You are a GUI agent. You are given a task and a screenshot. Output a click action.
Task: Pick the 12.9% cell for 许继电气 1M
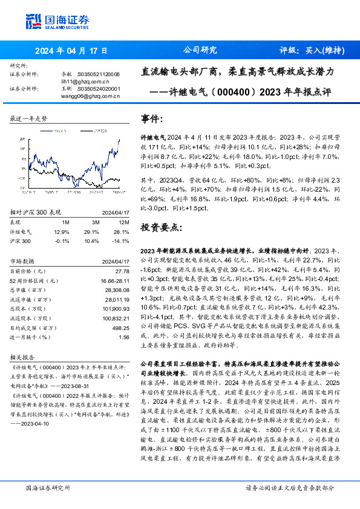tap(62, 232)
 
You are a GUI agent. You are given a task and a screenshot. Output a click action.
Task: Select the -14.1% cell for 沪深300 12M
tap(122, 241)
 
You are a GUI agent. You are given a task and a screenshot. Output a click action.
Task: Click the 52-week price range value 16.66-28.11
tap(113, 280)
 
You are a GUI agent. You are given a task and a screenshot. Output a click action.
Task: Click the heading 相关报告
tap(23, 357)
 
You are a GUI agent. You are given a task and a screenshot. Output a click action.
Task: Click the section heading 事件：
tap(152, 118)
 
